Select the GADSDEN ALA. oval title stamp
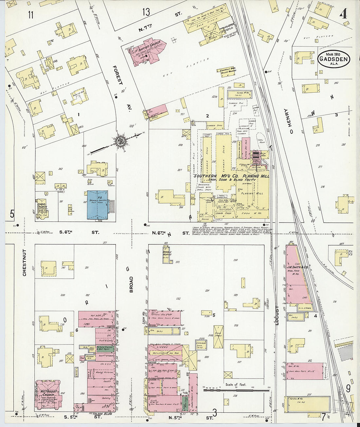coord(333,59)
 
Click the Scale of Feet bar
coord(236,390)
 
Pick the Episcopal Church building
coord(43,208)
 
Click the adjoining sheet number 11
coord(31,14)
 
